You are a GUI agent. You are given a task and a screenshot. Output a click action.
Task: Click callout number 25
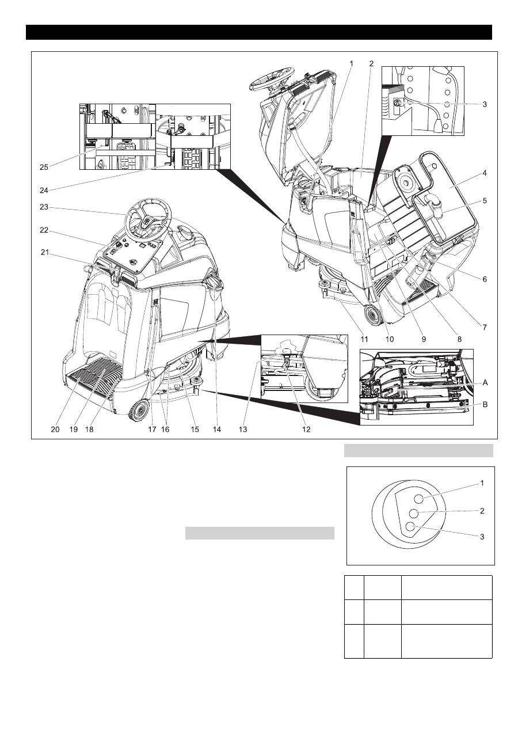[x=44, y=167]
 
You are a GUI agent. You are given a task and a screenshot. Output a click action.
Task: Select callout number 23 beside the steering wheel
[x=44, y=208]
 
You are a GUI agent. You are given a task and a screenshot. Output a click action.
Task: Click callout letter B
[x=485, y=404]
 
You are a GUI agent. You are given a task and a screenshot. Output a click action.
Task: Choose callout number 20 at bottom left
[x=55, y=429]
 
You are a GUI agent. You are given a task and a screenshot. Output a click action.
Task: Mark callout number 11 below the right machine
[x=364, y=340]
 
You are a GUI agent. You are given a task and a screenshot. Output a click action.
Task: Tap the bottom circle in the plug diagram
[x=410, y=526]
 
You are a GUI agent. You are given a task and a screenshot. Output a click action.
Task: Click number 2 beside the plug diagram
[x=482, y=511]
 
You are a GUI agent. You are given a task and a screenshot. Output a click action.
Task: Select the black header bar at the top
[x=259, y=32]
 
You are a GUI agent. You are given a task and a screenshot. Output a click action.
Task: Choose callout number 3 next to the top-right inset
[x=485, y=105]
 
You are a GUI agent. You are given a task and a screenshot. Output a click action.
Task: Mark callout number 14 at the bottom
[x=217, y=429]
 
